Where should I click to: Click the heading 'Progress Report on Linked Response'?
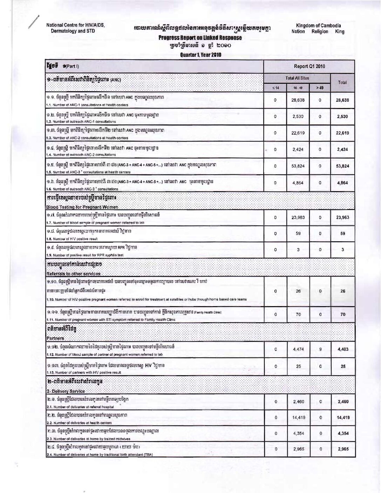point(200,38)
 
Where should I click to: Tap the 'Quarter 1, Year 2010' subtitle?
point(200,55)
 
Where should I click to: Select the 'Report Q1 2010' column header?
point(309,66)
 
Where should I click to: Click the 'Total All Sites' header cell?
point(297,78)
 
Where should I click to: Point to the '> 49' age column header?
point(320,88)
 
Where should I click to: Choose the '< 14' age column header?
point(275,88)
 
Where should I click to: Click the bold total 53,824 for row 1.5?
point(342,166)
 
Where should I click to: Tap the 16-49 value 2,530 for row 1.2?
point(298,116)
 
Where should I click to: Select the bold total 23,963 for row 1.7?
point(342,217)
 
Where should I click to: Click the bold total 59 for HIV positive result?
point(342,234)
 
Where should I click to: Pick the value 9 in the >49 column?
point(320,349)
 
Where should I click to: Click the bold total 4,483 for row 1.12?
point(343,349)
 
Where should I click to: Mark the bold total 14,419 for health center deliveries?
point(343,418)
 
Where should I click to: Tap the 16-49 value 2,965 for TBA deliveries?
point(298,449)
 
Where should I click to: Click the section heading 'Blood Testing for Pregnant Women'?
point(82,207)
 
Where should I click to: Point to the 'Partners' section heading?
point(55,338)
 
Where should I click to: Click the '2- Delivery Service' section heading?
point(66,391)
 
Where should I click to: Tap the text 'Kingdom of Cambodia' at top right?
point(318,26)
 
